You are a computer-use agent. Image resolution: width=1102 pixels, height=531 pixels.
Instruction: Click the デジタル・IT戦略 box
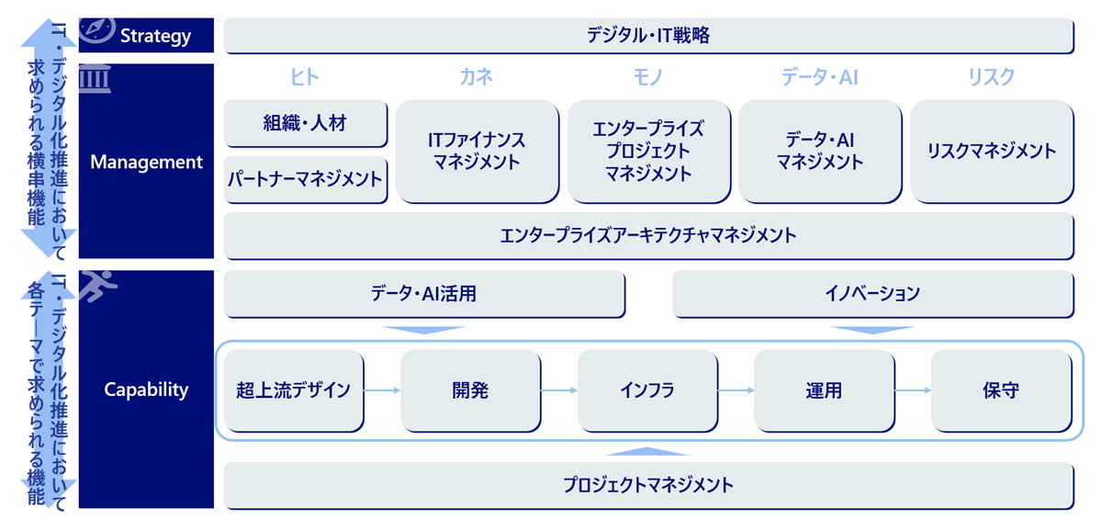coord(648,36)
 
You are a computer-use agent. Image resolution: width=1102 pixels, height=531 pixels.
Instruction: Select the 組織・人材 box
coord(305,123)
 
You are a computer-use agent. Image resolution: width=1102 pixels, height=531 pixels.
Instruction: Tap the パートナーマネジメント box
coord(305,179)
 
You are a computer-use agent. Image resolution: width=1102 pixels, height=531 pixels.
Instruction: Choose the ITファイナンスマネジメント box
coord(477,152)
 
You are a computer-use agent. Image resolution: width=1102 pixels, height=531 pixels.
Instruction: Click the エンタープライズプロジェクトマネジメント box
coord(648,152)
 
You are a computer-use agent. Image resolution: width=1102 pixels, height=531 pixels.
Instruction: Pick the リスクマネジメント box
coord(991,152)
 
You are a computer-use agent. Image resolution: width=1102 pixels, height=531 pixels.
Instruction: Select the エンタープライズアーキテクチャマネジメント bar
coord(648,236)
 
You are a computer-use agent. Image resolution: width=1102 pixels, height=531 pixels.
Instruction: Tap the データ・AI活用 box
coord(424,295)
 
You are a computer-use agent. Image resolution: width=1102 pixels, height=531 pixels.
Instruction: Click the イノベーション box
coord(872,295)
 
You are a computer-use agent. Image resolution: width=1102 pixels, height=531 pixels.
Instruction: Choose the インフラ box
coord(647,390)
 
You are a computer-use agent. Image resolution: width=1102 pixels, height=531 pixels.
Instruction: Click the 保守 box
coord(1000,390)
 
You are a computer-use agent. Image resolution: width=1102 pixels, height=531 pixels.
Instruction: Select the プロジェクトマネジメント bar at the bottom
coord(648,486)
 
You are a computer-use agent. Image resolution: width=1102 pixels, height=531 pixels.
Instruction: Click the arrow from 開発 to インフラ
coord(559,390)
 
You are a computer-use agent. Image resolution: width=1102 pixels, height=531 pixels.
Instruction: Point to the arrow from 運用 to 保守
coord(913,390)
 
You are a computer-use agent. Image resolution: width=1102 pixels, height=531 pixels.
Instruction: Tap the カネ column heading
coord(477,77)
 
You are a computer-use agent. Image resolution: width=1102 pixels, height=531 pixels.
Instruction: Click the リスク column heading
coord(991,77)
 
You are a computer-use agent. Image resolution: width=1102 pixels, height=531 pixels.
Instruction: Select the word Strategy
coord(156,37)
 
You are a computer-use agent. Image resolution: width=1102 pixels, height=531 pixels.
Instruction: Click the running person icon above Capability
coord(95,287)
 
